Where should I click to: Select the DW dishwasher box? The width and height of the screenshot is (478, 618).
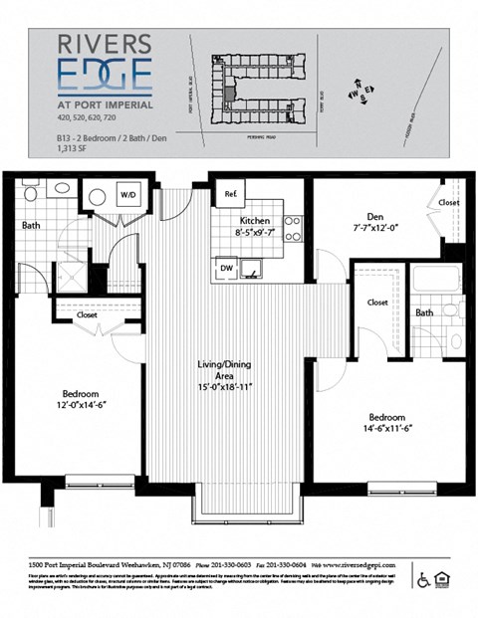click(227, 268)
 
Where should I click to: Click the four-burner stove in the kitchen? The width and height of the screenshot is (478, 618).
click(293, 229)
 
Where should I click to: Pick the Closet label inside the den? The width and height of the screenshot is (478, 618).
click(448, 202)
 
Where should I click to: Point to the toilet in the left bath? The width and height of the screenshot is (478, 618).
click(60, 188)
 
